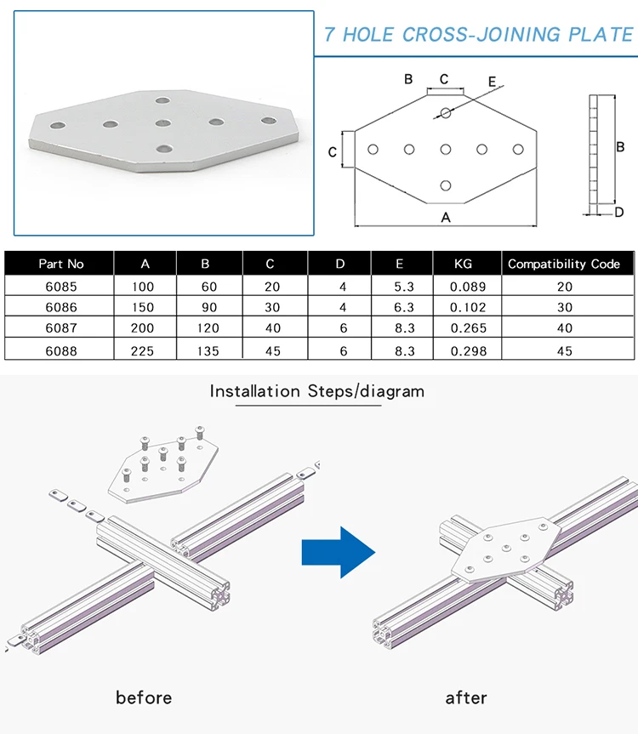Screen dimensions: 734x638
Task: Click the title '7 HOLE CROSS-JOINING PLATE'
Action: (479, 34)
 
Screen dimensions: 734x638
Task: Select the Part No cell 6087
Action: (61, 327)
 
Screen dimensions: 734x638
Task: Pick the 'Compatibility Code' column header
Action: (564, 264)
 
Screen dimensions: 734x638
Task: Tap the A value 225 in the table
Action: (143, 350)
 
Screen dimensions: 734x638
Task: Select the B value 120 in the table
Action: (209, 327)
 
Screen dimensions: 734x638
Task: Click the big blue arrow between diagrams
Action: (338, 552)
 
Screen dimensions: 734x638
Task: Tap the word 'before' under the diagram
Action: (144, 697)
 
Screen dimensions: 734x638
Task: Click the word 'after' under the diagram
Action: (466, 697)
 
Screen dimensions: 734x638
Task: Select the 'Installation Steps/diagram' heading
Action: (316, 391)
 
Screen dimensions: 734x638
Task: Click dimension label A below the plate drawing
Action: (445, 217)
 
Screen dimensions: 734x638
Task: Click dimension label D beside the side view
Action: (619, 212)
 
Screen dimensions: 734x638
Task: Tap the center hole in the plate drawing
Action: (445, 150)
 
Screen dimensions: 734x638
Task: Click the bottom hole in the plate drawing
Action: (445, 185)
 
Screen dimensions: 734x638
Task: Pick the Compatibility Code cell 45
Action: (564, 350)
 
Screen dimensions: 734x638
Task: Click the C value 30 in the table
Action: (275, 308)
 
